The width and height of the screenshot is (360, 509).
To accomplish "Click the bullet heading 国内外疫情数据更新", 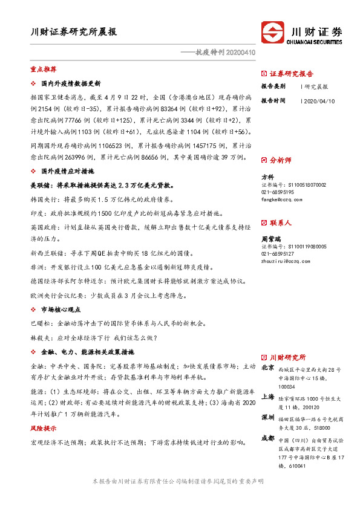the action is [x=70, y=83].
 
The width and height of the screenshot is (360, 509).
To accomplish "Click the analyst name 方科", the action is [x=267, y=177].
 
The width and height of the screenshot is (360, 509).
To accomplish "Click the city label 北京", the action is [x=267, y=367].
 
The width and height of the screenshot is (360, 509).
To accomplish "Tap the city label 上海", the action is [x=267, y=397].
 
